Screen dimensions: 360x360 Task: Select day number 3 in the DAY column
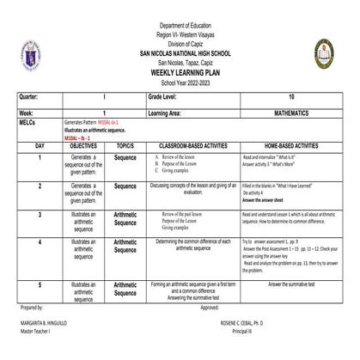[x=40, y=215]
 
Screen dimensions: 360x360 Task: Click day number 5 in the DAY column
[x=40, y=284]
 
